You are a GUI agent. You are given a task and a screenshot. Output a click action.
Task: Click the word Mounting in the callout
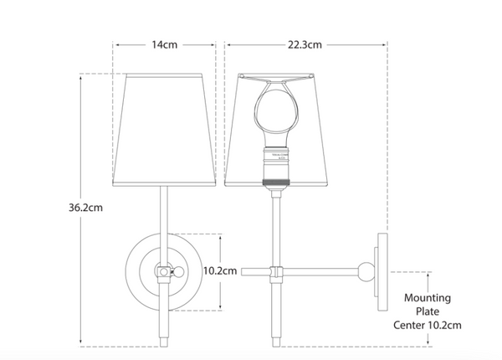point(428,297)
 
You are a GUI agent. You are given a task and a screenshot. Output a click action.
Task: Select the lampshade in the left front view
point(166,126)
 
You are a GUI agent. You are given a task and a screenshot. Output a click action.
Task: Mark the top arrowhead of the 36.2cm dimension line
point(80,76)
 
